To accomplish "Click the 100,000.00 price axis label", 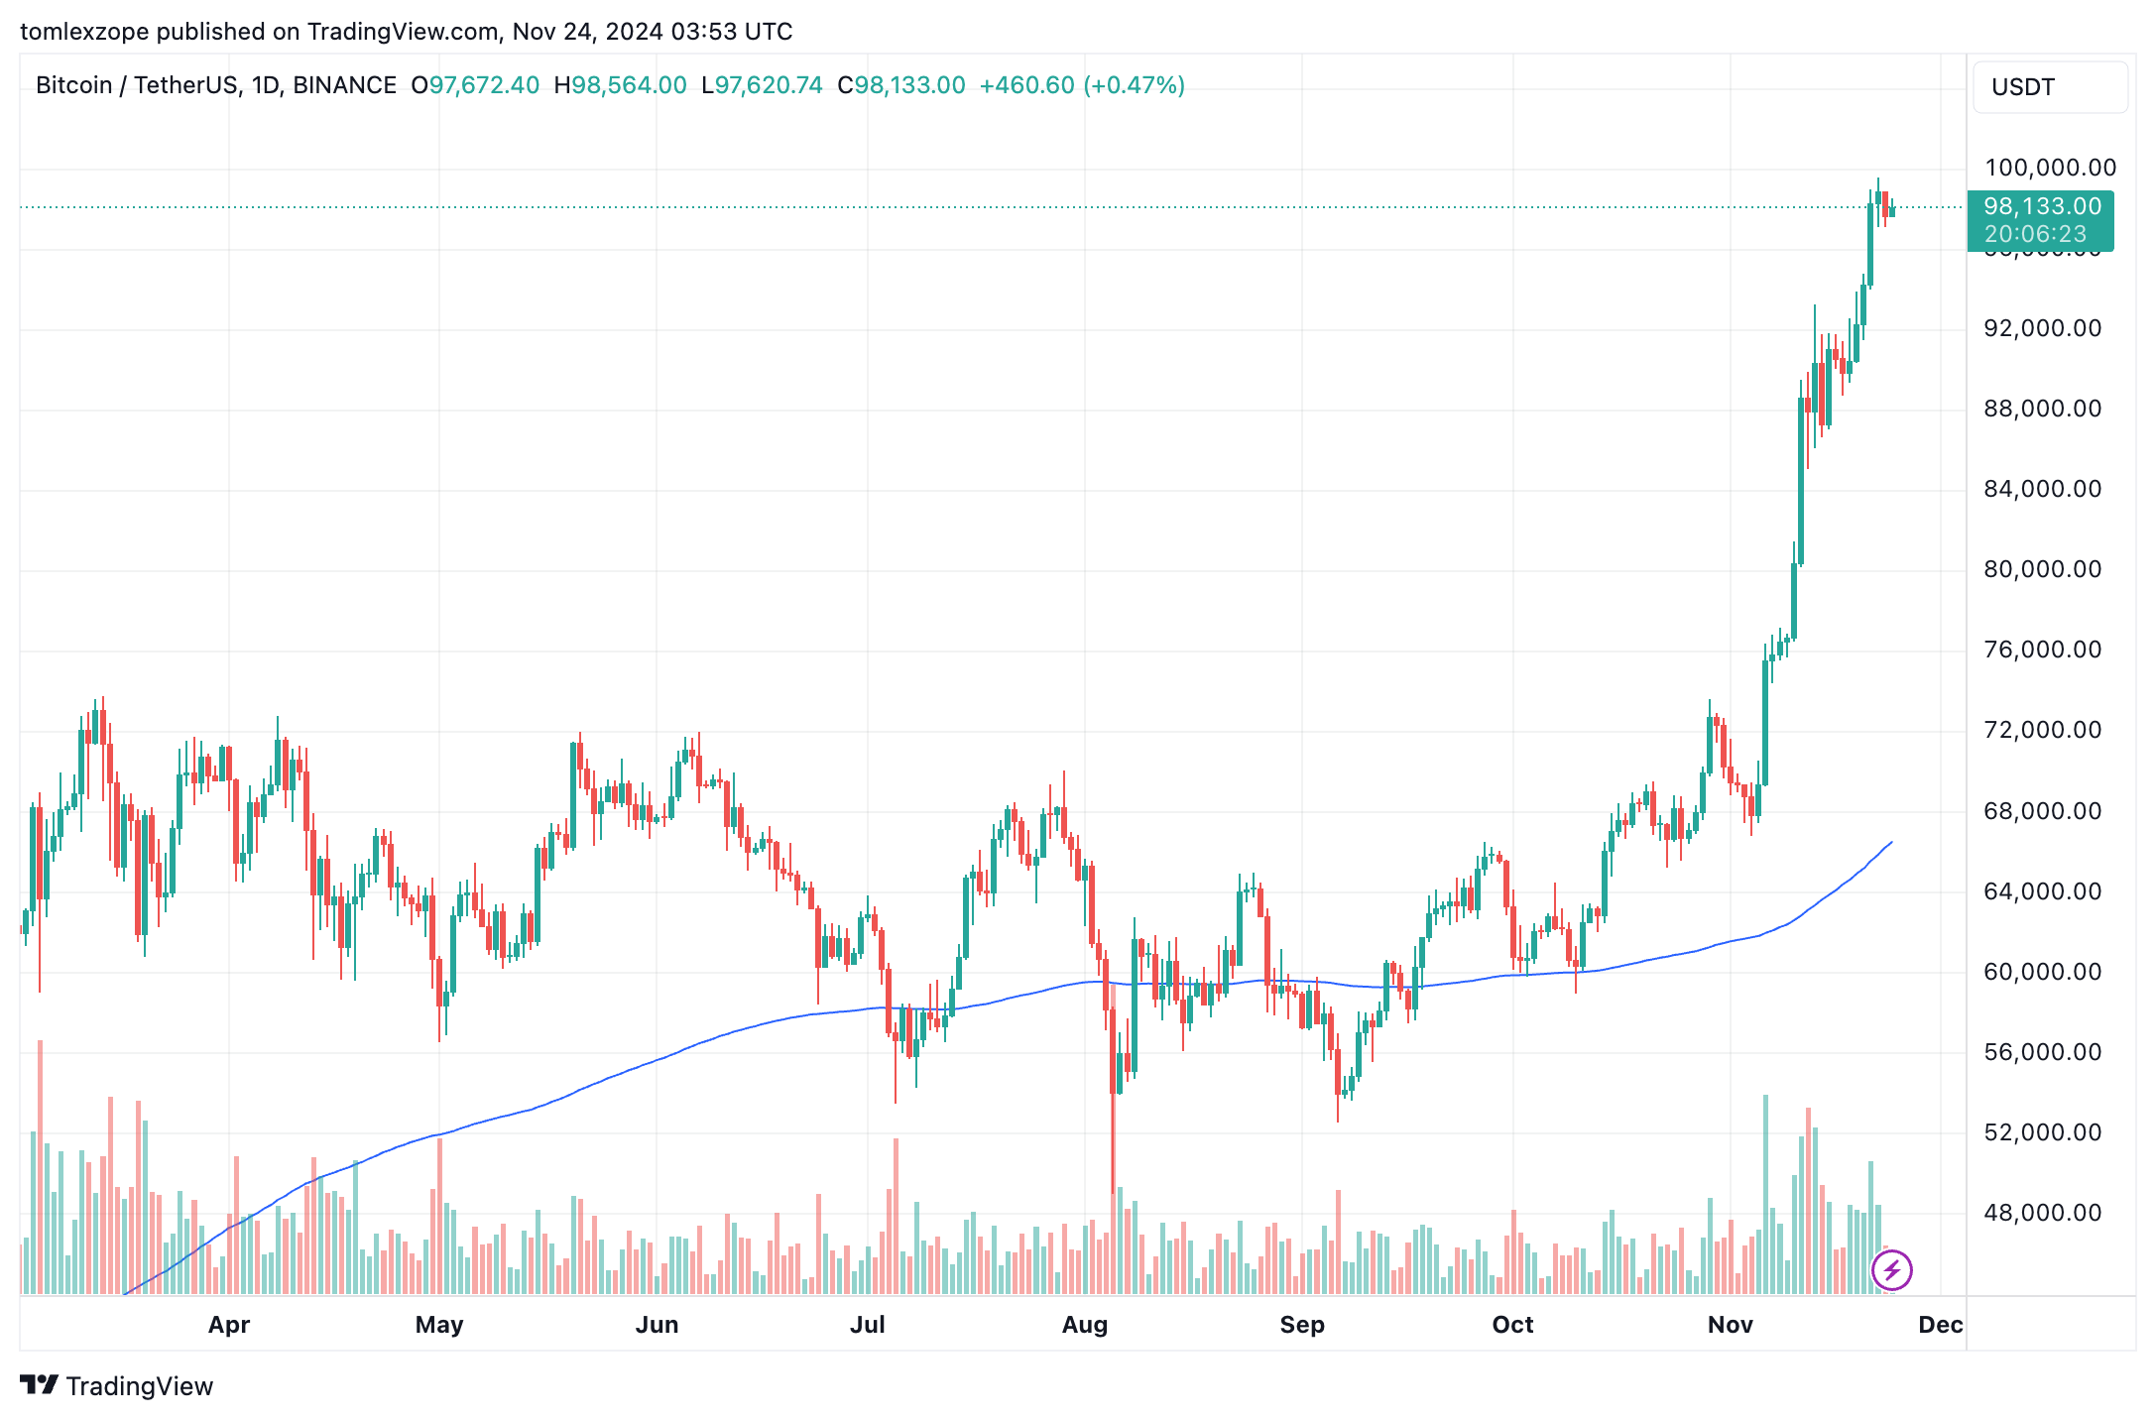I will click(2049, 168).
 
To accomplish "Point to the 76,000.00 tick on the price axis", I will click(2042, 650).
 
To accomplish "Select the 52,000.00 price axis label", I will click(2042, 1132).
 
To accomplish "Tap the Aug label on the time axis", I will click(1084, 1325).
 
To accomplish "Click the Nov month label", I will click(1730, 1325).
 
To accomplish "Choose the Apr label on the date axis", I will click(229, 1325).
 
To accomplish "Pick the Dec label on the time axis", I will click(1940, 1325).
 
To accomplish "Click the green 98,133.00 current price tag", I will click(2042, 206).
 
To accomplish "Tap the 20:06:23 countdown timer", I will click(2035, 234).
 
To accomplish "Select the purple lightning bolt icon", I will click(1891, 1269).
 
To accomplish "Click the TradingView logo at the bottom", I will click(117, 1385).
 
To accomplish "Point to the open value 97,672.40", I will click(484, 85).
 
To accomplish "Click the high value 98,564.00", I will click(629, 85).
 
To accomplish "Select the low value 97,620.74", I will click(769, 85).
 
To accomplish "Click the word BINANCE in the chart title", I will click(344, 85).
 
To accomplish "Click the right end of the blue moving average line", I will click(1891, 842).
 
